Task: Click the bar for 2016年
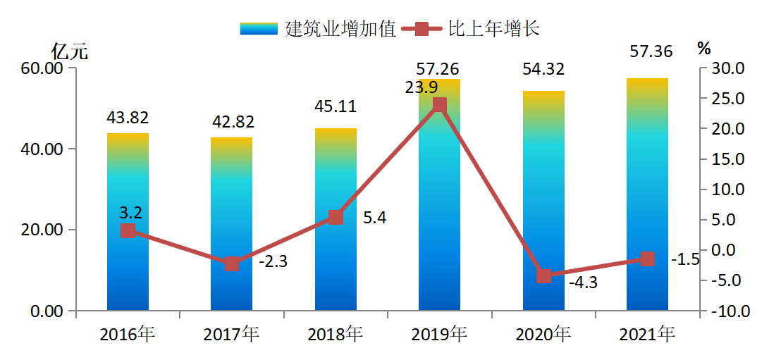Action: [128, 222]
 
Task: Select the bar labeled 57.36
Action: [647, 194]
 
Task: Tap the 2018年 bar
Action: [336, 219]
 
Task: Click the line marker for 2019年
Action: [439, 105]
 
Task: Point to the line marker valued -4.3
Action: [543, 275]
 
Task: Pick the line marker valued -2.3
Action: [232, 264]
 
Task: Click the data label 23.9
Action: [421, 88]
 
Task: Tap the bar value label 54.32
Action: [543, 70]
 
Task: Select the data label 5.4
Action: [374, 218]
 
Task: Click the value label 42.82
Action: [232, 122]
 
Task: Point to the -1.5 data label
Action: [684, 259]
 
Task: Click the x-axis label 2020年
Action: [543, 334]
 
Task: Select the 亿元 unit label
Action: [70, 51]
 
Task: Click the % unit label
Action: [704, 49]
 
